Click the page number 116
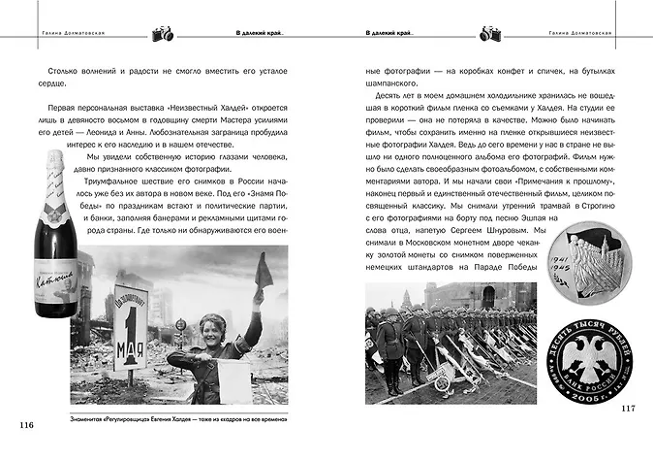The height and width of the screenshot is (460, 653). point(26,424)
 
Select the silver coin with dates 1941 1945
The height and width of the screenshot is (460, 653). point(602,263)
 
